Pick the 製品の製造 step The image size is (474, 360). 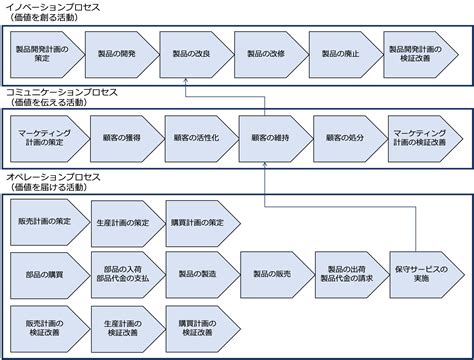pos(196,272)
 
